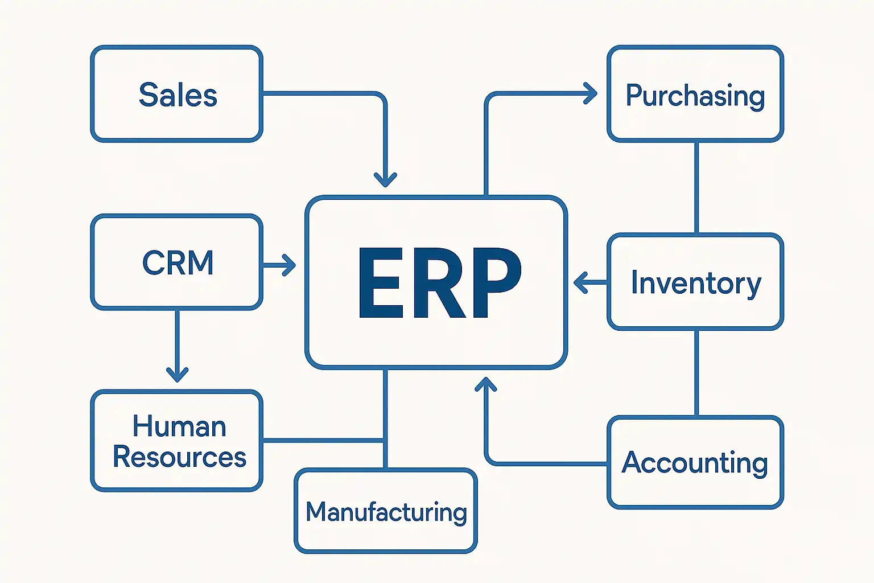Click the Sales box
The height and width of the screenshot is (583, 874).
point(176,94)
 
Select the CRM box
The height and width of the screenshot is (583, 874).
point(176,262)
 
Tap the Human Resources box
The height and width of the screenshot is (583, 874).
point(176,441)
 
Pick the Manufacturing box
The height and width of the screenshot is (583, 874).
point(386,511)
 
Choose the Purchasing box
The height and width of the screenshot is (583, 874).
point(695,94)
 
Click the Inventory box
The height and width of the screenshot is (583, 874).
point(695,282)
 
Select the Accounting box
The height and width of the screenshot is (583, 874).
point(695,462)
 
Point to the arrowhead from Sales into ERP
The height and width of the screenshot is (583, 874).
point(385,180)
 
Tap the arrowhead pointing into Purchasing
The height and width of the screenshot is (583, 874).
point(591,93)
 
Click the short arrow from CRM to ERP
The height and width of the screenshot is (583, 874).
point(279,265)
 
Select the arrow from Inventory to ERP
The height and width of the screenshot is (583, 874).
point(588,282)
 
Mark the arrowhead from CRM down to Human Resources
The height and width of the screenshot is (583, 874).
point(177,374)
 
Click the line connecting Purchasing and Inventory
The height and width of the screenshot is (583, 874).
point(696,187)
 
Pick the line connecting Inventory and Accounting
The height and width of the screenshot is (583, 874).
point(696,373)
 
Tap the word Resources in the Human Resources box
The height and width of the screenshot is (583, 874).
point(179,457)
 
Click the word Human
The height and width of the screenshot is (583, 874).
point(179,426)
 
